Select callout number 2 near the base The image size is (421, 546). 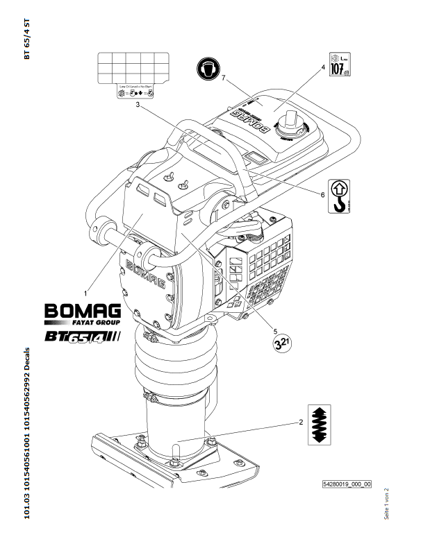(x=299, y=421)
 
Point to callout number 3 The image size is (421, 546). (x=139, y=105)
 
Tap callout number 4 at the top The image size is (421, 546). (x=323, y=67)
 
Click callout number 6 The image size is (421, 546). (x=323, y=195)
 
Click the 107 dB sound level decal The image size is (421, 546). (x=338, y=65)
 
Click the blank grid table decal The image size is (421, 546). (x=133, y=67)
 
